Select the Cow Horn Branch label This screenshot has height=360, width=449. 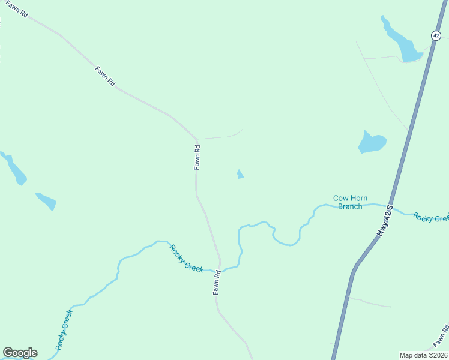(350, 202)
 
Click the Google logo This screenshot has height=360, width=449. (20, 353)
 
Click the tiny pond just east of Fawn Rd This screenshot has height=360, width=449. (240, 175)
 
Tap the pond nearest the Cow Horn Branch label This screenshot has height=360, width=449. (371, 142)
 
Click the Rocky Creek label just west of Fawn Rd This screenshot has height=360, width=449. (185, 259)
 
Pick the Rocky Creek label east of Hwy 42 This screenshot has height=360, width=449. (431, 217)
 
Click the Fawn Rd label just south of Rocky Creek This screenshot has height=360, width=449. (217, 282)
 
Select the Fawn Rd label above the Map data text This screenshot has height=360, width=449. (441, 337)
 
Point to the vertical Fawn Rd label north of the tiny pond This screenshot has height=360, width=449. (197, 158)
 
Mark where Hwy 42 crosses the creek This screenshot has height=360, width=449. (391, 207)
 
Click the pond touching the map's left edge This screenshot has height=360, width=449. (14, 169)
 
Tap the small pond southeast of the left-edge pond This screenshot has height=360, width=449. (47, 201)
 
